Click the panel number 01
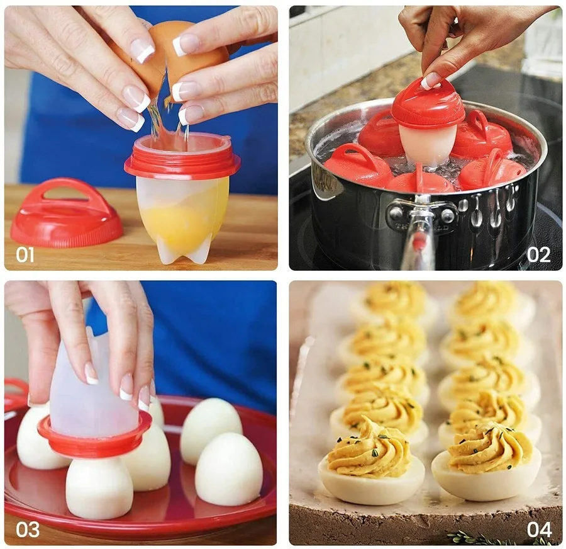coord(25,254)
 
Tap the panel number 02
coord(538,254)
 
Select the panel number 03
coord(28,529)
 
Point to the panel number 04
coord(539,529)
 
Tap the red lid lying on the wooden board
coord(67,213)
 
